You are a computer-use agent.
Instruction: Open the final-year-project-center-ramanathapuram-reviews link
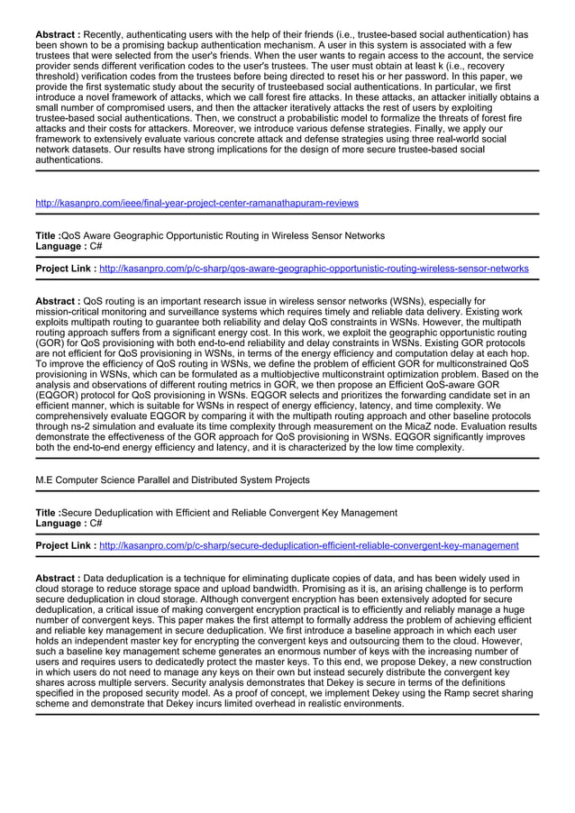[196, 203]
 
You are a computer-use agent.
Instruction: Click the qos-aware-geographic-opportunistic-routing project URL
[314, 269]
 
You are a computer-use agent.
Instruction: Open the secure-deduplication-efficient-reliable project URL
[308, 545]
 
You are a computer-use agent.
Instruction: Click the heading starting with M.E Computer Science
[172, 480]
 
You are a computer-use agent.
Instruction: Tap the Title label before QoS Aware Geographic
[47, 235]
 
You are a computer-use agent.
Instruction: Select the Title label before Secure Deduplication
[47, 512]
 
